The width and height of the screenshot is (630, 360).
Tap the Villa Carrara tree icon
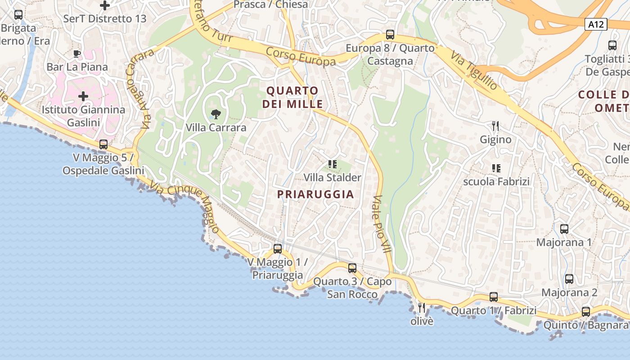click(216, 114)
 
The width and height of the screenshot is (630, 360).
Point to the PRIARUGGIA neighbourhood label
click(315, 194)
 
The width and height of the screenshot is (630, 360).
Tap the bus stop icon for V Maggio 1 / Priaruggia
click(278, 248)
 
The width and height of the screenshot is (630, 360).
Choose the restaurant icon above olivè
click(422, 308)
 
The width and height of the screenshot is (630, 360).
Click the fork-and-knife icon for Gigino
click(495, 126)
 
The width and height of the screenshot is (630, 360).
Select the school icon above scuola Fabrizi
click(496, 168)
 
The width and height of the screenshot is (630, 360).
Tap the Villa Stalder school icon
click(332, 164)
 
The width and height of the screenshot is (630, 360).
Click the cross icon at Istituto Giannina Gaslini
click(83, 96)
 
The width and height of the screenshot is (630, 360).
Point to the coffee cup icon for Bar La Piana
click(77, 54)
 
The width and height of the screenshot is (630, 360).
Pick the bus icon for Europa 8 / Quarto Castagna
click(390, 35)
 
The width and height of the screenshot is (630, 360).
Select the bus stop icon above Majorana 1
click(564, 229)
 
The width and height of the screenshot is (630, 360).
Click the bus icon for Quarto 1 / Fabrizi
click(494, 297)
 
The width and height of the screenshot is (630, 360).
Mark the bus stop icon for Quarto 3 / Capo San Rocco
click(352, 268)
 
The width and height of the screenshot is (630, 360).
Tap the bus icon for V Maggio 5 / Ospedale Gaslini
click(103, 144)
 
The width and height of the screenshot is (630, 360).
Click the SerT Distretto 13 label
click(105, 19)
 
